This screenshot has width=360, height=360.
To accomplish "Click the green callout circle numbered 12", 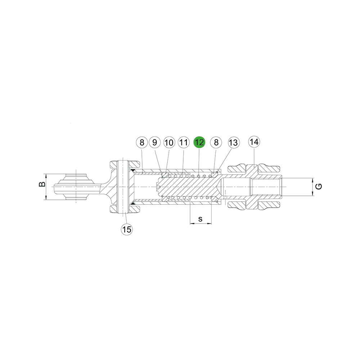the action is [x=199, y=142].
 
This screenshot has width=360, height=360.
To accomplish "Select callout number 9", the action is [x=155, y=142].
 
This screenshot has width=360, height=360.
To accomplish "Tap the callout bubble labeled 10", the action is [x=169, y=143].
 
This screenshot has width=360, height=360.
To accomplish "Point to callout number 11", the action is [x=184, y=142].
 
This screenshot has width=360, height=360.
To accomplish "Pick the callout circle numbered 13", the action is [x=234, y=143].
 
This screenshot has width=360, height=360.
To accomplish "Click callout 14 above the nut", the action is [x=254, y=141].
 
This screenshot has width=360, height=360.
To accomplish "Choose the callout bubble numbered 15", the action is [x=127, y=229].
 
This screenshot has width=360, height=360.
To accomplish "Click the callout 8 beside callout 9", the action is [x=142, y=142].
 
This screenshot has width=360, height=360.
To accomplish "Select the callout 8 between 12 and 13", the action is [x=216, y=142].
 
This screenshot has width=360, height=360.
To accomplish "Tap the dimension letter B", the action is [x=42, y=184].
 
